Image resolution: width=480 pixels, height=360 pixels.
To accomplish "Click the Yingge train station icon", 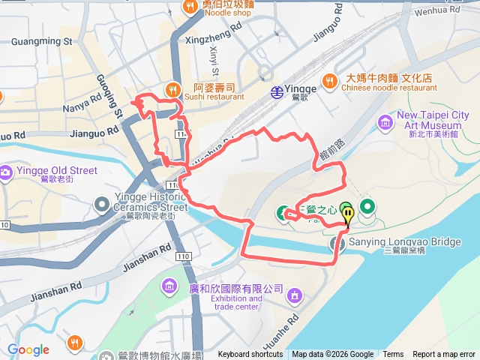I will point(277,91).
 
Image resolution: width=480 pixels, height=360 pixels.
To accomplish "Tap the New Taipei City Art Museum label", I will point(433,120).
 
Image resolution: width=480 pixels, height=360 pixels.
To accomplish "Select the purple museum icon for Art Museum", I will point(385,121).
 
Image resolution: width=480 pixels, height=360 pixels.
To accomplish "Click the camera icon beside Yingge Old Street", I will point(6,172).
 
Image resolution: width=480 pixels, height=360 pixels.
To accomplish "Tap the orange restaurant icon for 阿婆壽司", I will point(173,89).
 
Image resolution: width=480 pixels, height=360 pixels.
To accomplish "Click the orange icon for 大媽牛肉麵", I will point(330,80).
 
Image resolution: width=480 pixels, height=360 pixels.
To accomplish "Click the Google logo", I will point(28,349).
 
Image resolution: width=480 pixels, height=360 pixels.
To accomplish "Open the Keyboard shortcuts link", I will point(250,355).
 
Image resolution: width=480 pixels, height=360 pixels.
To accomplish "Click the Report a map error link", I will point(444,355).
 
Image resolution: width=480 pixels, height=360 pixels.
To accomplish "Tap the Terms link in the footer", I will point(393,355).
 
